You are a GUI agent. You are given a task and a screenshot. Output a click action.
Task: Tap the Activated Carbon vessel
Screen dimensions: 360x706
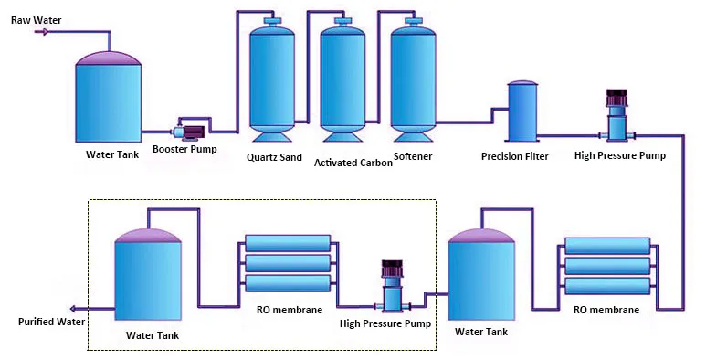coord(343,80)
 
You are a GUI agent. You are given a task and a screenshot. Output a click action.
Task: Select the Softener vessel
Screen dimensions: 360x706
coord(413,80)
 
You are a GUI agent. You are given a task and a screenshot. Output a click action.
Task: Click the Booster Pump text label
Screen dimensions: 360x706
coord(184,149)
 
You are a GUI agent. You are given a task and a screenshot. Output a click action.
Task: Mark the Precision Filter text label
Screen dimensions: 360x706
coord(515,156)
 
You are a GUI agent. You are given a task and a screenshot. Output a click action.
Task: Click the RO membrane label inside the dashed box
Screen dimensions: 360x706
coord(290,310)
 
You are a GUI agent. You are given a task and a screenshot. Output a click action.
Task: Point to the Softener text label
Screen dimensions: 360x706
coord(412,156)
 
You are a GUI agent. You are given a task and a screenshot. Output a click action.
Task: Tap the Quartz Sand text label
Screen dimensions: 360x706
coord(274,156)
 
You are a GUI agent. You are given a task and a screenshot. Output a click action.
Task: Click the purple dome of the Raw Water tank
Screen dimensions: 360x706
coord(109,58)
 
